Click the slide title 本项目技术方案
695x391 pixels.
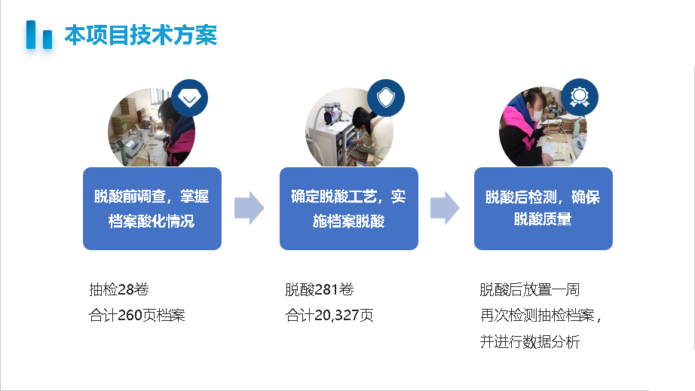click(x=140, y=35)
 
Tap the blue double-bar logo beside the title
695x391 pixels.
click(x=39, y=35)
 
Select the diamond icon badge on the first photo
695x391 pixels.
click(x=189, y=98)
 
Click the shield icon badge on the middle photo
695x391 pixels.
click(x=386, y=98)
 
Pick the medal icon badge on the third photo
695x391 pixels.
click(x=580, y=97)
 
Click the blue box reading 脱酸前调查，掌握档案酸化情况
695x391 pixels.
click(x=152, y=209)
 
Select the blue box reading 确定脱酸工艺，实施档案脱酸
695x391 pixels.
click(x=348, y=209)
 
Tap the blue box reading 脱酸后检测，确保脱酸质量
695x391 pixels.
click(x=543, y=209)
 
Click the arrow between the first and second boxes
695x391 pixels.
click(x=250, y=208)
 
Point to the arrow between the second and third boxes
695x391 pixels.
click(x=445, y=208)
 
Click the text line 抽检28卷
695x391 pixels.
click(x=114, y=290)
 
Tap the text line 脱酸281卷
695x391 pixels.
click(x=319, y=290)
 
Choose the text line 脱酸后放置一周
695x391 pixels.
click(x=529, y=290)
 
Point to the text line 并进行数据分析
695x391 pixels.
click(x=529, y=341)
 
